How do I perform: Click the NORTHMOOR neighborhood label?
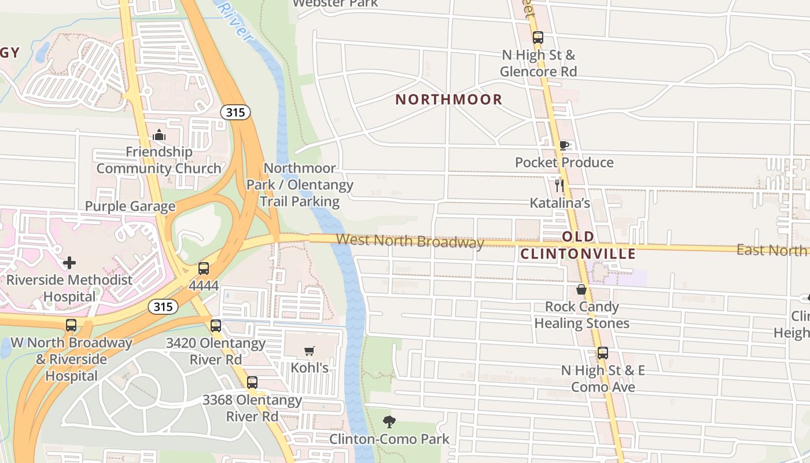coord(448,100)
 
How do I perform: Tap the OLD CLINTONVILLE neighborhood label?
coord(578,245)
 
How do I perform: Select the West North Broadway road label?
coord(410,240)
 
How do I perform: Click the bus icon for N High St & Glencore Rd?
coord(538,38)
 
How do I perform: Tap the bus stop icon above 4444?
coord(204,269)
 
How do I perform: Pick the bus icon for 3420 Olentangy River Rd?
coord(216,326)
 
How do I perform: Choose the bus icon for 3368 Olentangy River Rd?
coord(252,383)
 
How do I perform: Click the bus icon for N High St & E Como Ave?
coord(603,353)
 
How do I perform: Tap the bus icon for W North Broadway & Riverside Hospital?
coord(71,325)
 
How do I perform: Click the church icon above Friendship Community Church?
coord(159,135)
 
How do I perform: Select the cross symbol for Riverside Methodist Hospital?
coord(69,263)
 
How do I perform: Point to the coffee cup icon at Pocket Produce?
coord(564,145)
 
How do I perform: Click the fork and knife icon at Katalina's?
coord(559,186)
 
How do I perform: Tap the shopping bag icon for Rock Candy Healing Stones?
coord(581,289)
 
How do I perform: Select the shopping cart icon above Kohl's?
coord(310,351)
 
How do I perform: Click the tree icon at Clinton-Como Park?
coord(389,422)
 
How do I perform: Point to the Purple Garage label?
coord(130,207)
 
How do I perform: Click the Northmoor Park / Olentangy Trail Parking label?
coord(300,185)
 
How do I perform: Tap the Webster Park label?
coord(336,3)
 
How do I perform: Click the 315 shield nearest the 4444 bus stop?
coord(163,307)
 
